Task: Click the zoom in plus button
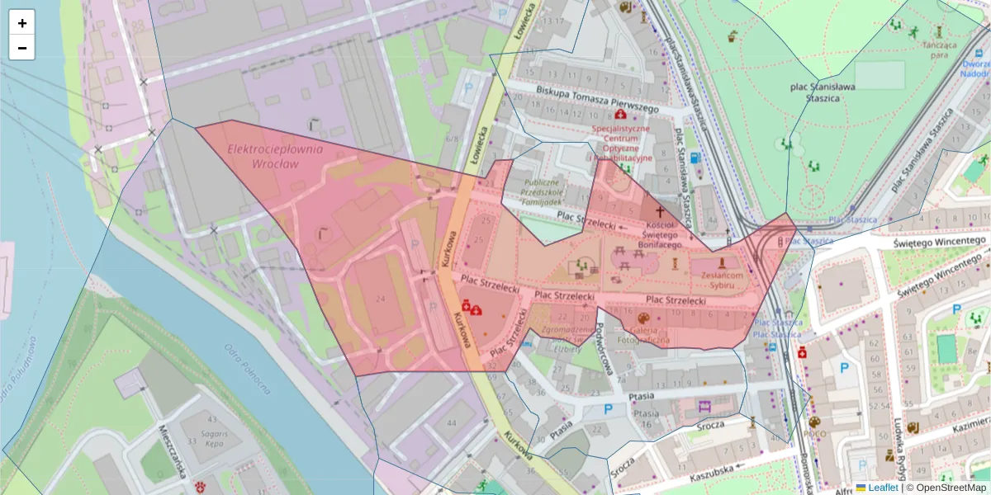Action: (x=22, y=23)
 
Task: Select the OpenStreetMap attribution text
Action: (x=946, y=488)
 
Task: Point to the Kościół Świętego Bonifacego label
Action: (x=662, y=235)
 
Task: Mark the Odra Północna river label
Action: (x=248, y=367)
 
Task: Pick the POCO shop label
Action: (x=815, y=434)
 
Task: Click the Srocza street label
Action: (x=709, y=424)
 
